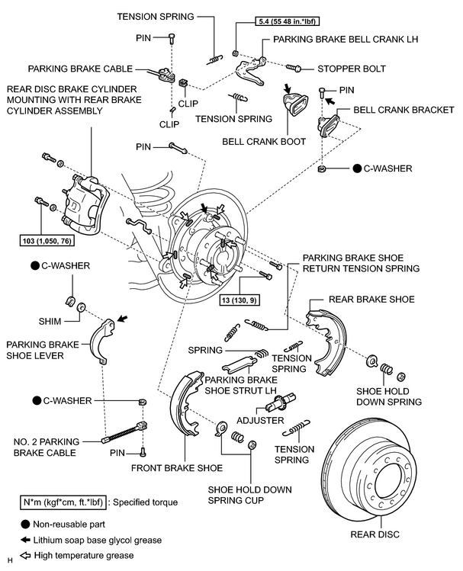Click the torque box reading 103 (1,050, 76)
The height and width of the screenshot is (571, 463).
click(x=47, y=241)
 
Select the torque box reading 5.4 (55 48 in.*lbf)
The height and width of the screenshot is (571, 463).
click(x=287, y=21)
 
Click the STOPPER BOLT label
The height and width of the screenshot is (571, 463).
click(x=351, y=69)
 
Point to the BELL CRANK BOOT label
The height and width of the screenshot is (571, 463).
click(x=264, y=142)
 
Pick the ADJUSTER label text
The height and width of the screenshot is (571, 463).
click(x=260, y=421)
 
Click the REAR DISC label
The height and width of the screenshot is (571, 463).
click(x=375, y=534)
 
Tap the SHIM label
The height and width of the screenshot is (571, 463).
click(x=50, y=321)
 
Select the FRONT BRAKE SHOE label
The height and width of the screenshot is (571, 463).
click(x=177, y=468)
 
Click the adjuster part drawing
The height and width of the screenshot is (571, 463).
click(x=281, y=401)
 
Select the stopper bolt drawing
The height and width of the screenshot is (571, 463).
click(x=293, y=68)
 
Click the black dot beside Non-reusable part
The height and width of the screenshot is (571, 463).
click(x=25, y=524)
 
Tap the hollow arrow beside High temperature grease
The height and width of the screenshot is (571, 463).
click(x=25, y=556)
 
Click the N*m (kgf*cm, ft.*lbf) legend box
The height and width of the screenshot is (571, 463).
click(x=63, y=502)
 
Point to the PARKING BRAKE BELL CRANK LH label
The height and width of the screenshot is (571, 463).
click(x=346, y=40)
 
